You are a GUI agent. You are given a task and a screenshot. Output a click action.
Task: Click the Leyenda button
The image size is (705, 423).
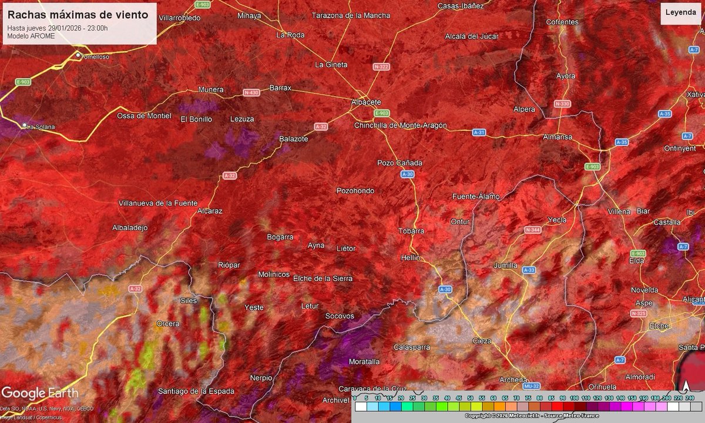680,12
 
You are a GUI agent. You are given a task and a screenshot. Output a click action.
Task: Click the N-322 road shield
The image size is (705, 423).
381,67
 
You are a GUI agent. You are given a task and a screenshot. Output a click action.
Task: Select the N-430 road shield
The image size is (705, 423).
251,93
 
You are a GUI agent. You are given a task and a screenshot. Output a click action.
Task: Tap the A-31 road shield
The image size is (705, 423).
479,133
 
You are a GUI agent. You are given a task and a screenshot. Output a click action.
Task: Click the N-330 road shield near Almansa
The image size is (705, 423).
562,104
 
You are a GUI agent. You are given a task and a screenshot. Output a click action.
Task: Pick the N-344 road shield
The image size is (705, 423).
533,229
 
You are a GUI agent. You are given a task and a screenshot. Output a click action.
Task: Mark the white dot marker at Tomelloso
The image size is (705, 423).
78,55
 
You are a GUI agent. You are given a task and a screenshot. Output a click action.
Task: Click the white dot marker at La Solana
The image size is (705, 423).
25,125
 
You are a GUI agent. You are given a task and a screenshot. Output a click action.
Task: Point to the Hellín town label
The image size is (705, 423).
410,258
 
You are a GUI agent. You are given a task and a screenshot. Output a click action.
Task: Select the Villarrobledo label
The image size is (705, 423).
180,18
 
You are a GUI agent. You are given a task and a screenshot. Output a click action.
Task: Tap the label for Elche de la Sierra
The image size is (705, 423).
323,278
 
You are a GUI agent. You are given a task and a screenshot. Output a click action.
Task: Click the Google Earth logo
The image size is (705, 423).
39,393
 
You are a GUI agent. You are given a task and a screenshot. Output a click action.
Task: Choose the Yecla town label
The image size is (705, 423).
557,220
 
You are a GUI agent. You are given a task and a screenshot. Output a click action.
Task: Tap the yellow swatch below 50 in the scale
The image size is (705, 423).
471,407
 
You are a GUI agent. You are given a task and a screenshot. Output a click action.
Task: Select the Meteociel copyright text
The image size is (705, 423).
532,416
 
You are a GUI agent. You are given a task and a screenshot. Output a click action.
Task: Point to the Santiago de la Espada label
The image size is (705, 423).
196,391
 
